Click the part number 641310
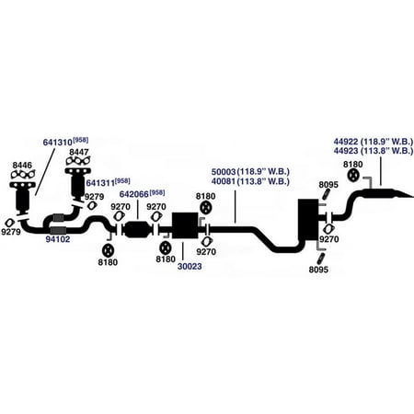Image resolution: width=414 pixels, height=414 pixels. click(x=58, y=143)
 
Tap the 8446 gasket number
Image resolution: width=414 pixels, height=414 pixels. click(x=22, y=165)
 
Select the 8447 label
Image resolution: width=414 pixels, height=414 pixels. click(x=79, y=152)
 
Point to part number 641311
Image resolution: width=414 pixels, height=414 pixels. click(x=100, y=183)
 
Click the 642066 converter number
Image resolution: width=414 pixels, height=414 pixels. click(x=134, y=194)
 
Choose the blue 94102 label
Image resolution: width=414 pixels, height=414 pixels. click(x=58, y=239)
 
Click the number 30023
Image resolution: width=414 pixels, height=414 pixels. click(x=190, y=267)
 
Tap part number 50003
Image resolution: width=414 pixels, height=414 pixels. click(x=224, y=172)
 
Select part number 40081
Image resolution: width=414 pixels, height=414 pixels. click(x=224, y=181)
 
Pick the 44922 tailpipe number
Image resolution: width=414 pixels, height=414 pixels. click(x=346, y=142)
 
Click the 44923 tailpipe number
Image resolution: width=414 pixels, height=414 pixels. click(x=346, y=151)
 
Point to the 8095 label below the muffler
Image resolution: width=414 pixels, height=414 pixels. click(x=318, y=270)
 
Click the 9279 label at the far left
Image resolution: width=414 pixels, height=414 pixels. click(x=11, y=232)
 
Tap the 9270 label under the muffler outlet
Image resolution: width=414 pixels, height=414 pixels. click(x=329, y=239)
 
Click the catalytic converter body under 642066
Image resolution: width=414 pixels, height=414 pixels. click(x=137, y=229)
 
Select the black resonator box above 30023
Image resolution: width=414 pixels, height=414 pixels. click(x=185, y=225)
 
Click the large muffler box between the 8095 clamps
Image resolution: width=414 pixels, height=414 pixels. click(x=308, y=220)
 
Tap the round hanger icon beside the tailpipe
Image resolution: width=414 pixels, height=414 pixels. click(x=353, y=176)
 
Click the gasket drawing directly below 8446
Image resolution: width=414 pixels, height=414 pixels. click(x=23, y=175)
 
